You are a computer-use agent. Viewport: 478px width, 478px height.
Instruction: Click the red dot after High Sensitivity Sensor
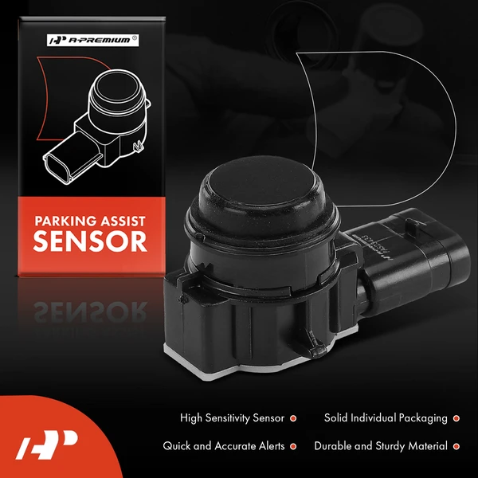(292, 417)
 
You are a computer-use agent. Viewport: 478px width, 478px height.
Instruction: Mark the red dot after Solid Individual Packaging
(456, 417)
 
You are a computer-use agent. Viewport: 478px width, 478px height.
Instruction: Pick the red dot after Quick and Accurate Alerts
(292, 446)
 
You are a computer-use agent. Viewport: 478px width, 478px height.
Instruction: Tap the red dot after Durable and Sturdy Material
(456, 446)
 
